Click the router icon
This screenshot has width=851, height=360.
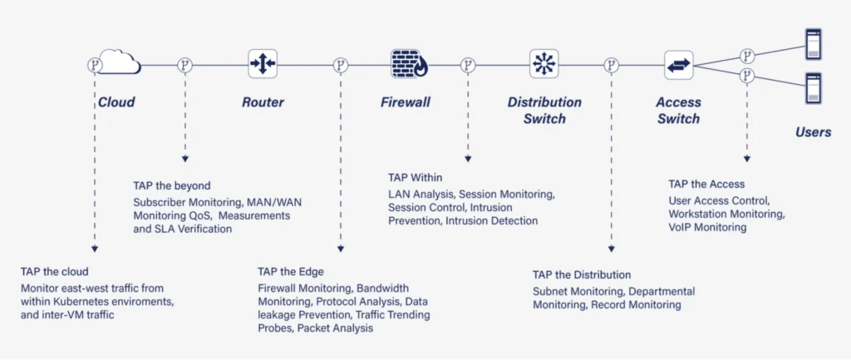(x=263, y=63)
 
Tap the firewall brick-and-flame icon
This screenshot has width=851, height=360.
(x=408, y=63)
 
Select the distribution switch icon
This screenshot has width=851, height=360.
(x=544, y=63)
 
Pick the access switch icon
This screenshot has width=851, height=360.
(x=679, y=63)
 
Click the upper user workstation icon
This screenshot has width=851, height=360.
(x=812, y=42)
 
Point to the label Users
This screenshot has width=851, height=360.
(x=813, y=132)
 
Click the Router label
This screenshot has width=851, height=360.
(x=263, y=102)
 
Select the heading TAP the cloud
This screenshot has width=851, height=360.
(x=55, y=271)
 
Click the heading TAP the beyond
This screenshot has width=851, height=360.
(x=172, y=185)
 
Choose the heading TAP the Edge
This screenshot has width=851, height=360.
(x=291, y=271)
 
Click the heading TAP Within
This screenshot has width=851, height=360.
(x=416, y=177)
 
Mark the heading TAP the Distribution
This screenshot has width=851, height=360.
(x=582, y=274)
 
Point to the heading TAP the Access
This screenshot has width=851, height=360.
(x=706, y=184)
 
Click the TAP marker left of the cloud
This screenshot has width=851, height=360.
(x=94, y=64)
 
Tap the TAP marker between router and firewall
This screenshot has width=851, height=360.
(x=339, y=64)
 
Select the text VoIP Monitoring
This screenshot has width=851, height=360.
(x=707, y=227)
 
